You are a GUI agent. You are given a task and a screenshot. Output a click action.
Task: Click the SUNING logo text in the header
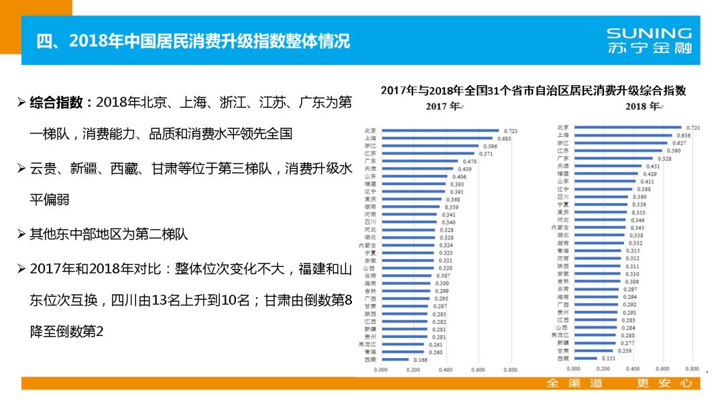648,33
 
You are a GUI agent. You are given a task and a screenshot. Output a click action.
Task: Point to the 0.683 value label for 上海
504,139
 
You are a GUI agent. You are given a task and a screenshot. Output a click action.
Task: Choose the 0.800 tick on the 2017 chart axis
510,369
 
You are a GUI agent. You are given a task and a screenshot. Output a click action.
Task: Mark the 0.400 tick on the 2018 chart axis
633,369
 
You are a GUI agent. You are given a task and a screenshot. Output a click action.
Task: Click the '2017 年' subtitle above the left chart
444,107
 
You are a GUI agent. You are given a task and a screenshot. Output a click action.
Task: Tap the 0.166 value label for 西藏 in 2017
420,360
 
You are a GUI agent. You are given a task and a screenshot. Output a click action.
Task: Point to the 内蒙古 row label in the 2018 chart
560,228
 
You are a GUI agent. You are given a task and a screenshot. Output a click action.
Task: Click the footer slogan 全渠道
575,384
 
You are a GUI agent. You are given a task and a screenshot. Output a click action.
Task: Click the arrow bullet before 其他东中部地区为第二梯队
22,235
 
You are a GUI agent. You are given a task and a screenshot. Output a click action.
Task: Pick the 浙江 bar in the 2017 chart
430,146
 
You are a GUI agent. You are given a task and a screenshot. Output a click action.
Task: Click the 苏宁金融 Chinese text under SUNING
648,48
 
